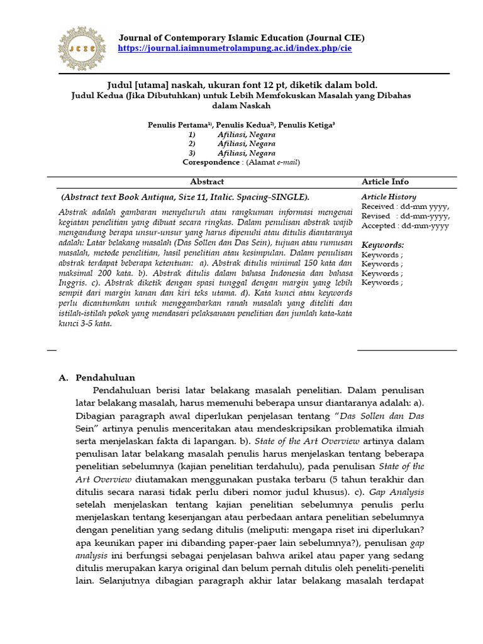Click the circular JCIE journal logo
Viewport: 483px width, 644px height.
click(x=82, y=48)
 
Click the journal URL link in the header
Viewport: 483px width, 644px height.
click(x=235, y=48)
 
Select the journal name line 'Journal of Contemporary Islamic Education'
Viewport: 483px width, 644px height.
click(x=241, y=38)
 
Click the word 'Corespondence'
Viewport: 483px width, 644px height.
click(x=211, y=162)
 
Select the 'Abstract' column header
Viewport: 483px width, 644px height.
click(x=207, y=182)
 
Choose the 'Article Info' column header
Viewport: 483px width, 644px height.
click(x=385, y=182)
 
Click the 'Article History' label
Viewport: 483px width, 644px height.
click(x=389, y=197)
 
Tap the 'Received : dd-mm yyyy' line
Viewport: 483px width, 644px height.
click(x=405, y=206)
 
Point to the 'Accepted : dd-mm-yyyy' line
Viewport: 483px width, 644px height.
click(x=405, y=225)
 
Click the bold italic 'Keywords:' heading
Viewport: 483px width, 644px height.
click(x=382, y=245)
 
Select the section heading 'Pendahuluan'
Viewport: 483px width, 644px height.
click(x=105, y=378)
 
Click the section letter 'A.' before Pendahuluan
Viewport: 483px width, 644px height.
click(x=63, y=378)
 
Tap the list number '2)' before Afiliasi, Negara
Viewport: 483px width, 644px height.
click(x=192, y=143)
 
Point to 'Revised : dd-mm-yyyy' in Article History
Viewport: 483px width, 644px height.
click(x=405, y=216)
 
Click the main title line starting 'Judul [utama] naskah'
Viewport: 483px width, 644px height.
click(x=241, y=85)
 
